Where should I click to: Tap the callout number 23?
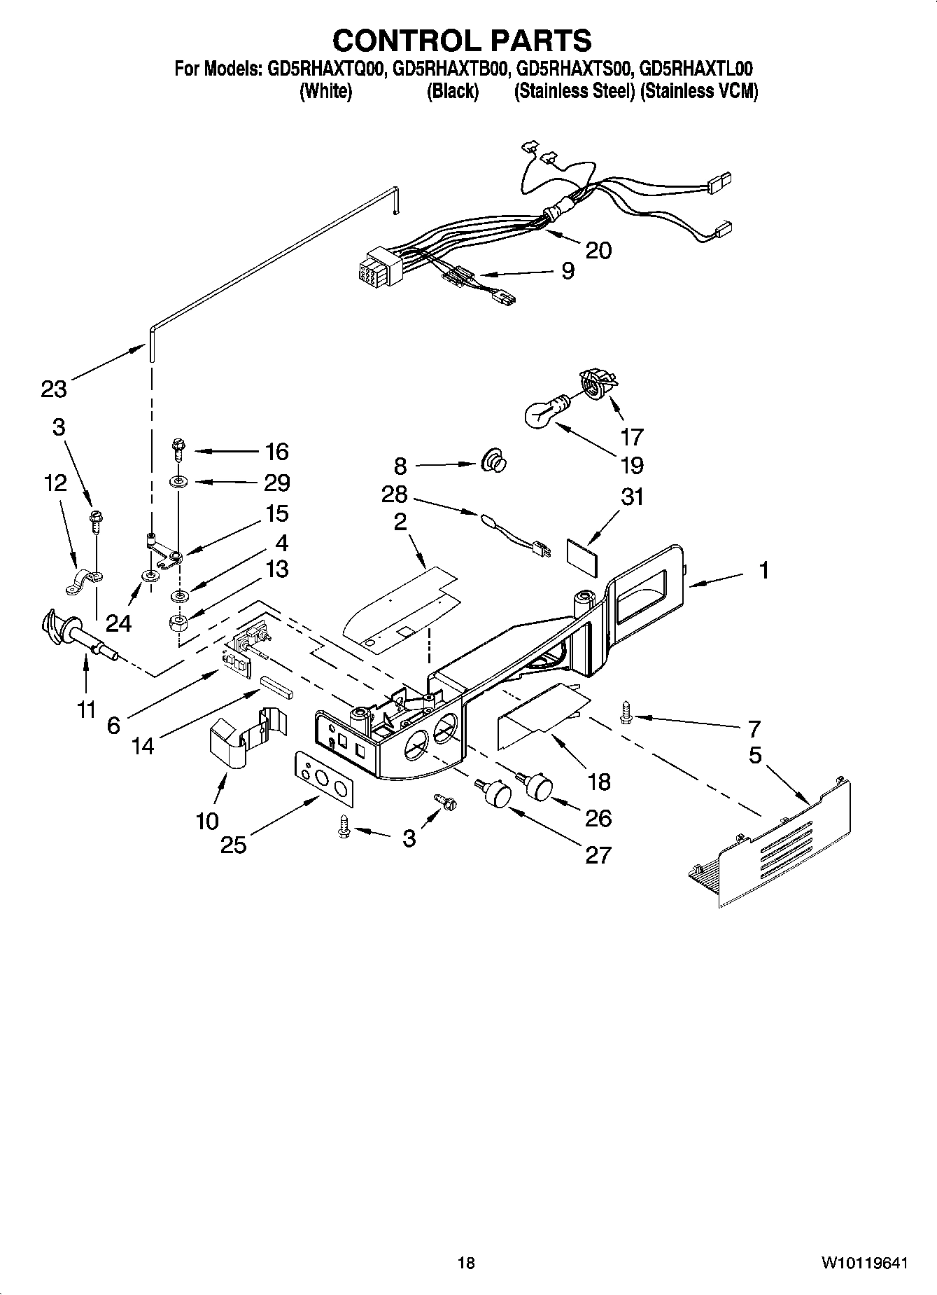[53, 389]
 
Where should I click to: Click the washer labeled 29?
[178, 483]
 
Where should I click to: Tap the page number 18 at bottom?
[466, 1263]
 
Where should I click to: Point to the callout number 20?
[598, 251]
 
